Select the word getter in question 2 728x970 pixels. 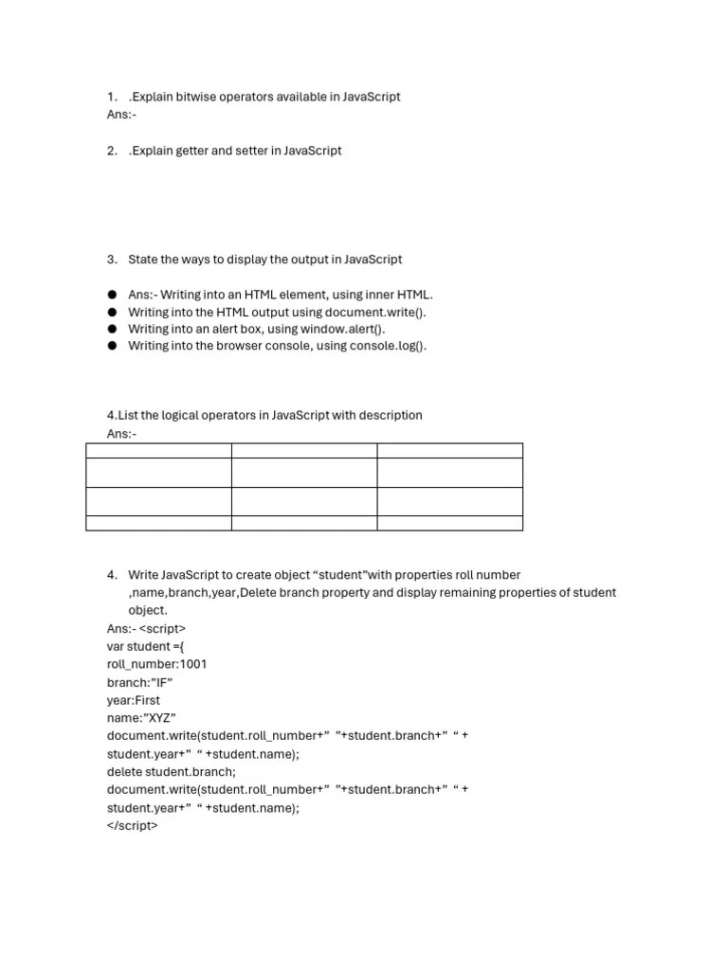pyautogui.click(x=191, y=151)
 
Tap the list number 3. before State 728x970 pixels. pyautogui.click(x=112, y=260)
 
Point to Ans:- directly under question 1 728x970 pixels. pyautogui.click(x=122, y=115)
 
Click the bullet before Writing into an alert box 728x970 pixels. pyautogui.click(x=112, y=329)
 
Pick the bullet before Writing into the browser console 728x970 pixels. pyautogui.click(x=112, y=346)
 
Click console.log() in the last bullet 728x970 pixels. pyautogui.click(x=390, y=346)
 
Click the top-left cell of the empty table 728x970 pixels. pyautogui.click(x=158, y=450)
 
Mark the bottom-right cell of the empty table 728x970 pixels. pyautogui.click(x=449, y=523)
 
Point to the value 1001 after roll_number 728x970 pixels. pyautogui.click(x=193, y=664)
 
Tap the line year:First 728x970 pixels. pyautogui.click(x=134, y=700)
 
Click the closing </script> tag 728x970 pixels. pyautogui.click(x=133, y=826)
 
